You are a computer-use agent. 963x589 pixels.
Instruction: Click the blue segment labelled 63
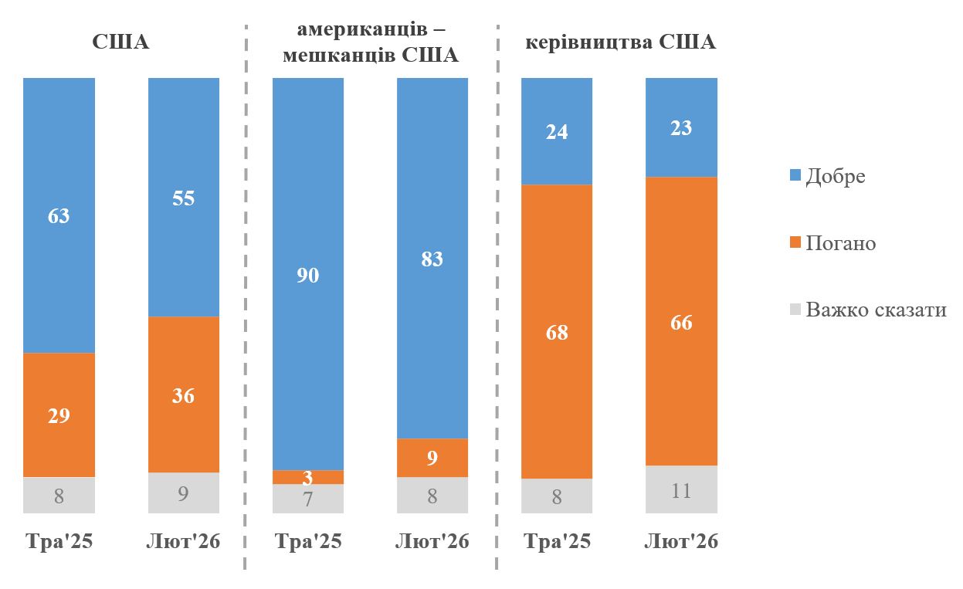pyautogui.click(x=59, y=215)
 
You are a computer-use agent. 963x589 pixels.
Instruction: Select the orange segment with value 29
pyautogui.click(x=59, y=415)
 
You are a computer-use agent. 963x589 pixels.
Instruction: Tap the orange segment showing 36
pyautogui.click(x=184, y=395)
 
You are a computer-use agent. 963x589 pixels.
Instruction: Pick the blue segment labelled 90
pyautogui.click(x=308, y=274)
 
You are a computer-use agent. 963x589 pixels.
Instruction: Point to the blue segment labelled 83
pyautogui.click(x=432, y=259)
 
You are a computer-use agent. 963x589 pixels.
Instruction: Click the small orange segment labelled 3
pyautogui.click(x=308, y=477)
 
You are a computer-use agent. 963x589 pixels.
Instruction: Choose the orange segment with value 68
pyautogui.click(x=557, y=332)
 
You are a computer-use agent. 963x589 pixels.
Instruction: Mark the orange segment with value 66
pyautogui.click(x=681, y=322)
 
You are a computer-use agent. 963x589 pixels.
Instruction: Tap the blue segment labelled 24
pyautogui.click(x=557, y=131)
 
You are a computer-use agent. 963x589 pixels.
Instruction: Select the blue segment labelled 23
pyautogui.click(x=681, y=127)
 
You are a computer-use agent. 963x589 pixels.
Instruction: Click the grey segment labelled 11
pyautogui.click(x=681, y=490)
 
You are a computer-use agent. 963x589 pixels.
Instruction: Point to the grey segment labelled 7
pyautogui.click(x=308, y=499)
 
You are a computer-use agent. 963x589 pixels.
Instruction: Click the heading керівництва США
pyautogui.click(x=621, y=42)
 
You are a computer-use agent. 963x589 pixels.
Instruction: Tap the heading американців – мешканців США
pyautogui.click(x=371, y=42)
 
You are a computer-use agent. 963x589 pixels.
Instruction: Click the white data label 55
pyautogui.click(x=184, y=198)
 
